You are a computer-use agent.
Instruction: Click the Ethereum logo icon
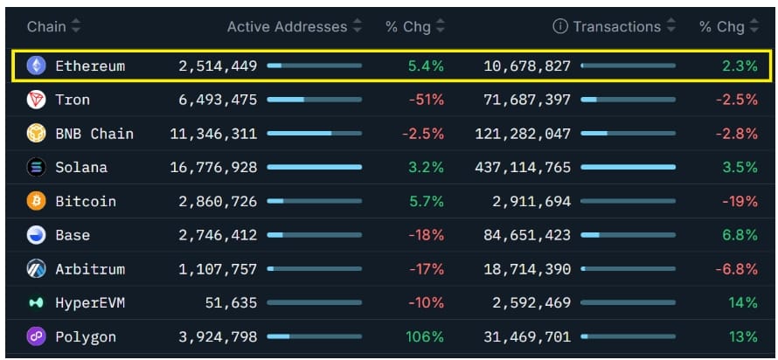click(x=36, y=66)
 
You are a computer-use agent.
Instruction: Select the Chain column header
click(x=46, y=26)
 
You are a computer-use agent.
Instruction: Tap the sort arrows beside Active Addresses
click(x=358, y=26)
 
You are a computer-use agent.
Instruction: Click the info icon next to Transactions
click(x=559, y=26)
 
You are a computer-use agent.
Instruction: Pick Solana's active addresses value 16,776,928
click(x=214, y=168)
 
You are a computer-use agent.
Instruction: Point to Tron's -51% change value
click(x=427, y=100)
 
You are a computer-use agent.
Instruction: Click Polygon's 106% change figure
click(x=425, y=337)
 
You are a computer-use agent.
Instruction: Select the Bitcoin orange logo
click(x=36, y=201)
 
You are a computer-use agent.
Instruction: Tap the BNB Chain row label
click(x=94, y=134)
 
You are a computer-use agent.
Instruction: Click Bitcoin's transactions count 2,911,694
click(x=531, y=201)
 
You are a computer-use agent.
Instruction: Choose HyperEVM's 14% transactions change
click(x=743, y=302)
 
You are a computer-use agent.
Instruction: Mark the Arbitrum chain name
click(x=90, y=269)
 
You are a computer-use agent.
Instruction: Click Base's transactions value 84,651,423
click(x=527, y=235)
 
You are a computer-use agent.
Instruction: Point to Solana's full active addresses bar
click(x=315, y=168)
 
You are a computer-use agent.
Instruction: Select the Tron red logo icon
click(x=36, y=100)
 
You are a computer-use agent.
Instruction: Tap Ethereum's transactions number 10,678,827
click(x=527, y=66)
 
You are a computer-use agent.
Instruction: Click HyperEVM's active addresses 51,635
click(x=232, y=302)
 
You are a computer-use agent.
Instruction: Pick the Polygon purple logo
click(x=36, y=337)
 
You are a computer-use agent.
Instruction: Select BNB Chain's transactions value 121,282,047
click(x=523, y=134)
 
